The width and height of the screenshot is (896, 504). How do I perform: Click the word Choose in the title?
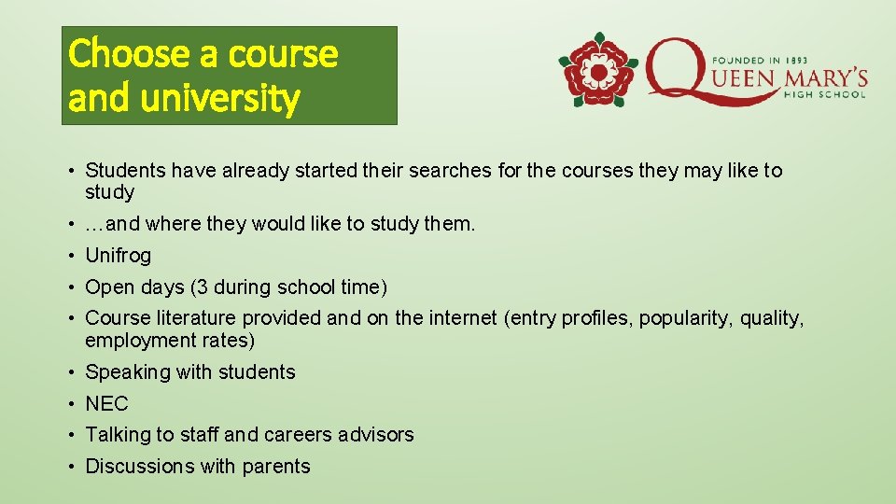point(114,53)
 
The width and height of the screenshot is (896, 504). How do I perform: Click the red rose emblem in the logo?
point(597,71)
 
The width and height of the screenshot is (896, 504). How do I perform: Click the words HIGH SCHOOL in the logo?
point(825,93)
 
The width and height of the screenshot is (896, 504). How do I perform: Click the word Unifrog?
point(118,256)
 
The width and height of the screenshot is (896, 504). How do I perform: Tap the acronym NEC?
point(106,404)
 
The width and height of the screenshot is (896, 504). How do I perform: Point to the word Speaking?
point(128,372)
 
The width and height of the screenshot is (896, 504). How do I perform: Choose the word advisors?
point(377,435)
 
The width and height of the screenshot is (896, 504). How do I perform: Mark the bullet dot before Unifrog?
point(71,256)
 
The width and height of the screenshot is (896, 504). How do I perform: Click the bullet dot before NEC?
point(71,404)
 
